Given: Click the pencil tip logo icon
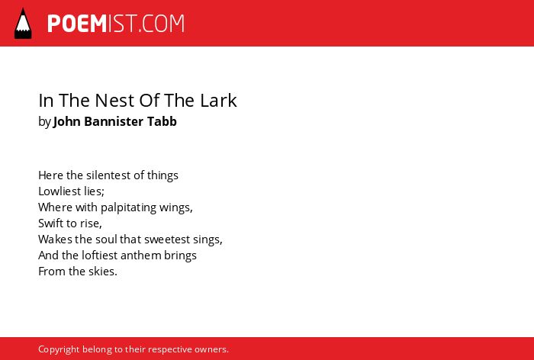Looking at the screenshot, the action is point(23,23).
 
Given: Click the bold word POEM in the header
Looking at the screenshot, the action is point(77,24).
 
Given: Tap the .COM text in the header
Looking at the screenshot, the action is point(161,24).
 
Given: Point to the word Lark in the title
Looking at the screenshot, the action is point(218,100).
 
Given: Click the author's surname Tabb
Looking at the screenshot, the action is point(162,121).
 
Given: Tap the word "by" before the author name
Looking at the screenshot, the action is point(44,122).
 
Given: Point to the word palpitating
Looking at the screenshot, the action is point(128,207).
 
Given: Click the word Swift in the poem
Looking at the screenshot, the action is point(51,223).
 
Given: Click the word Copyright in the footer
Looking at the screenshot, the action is point(59,349).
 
